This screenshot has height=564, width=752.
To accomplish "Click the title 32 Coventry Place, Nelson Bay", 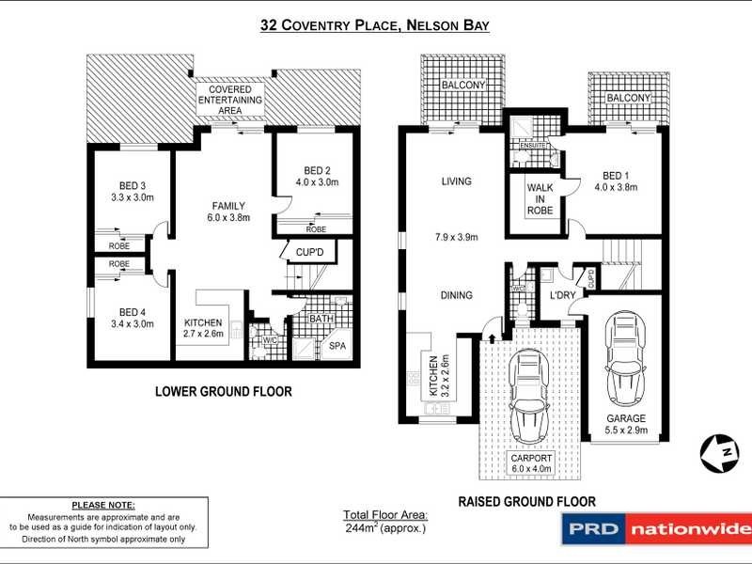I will tap(376, 27).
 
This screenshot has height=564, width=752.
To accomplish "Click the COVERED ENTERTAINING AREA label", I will tap(230, 100).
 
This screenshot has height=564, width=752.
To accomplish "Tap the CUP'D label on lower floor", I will tap(309, 253).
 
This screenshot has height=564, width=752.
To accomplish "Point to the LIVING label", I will tap(456, 181).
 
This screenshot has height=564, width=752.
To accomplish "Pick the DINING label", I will tap(456, 295).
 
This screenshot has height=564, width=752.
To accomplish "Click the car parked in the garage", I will tap(625, 357).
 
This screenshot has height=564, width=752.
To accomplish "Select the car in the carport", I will tap(528, 396).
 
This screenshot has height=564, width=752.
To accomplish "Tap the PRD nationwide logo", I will tap(655, 529).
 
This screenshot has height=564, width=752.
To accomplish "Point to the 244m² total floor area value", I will tap(384, 528).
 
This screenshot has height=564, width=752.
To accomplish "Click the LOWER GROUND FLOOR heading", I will tap(223, 392).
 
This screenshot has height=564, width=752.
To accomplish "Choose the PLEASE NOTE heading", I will tap(103, 505).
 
